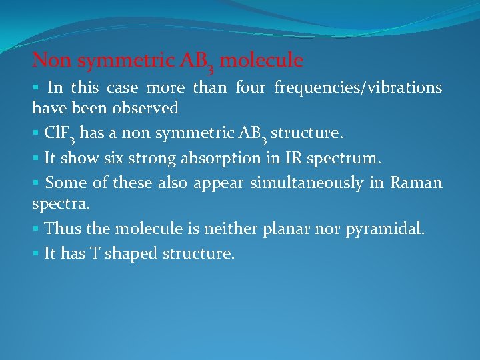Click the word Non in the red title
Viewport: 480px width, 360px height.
tap(52, 61)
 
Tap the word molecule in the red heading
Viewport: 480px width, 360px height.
tap(261, 61)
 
